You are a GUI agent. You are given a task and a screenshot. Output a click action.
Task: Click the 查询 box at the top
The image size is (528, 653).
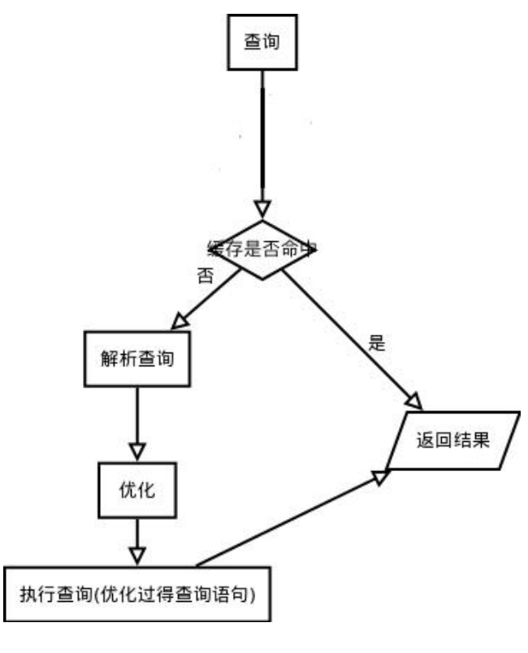pos(262,43)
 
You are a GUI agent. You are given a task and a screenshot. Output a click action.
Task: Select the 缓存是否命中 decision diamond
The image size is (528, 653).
pos(260,250)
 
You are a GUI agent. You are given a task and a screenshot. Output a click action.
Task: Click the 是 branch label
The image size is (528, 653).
pos(376,342)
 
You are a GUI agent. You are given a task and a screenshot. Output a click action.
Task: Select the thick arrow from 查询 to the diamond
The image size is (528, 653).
pos(261,138)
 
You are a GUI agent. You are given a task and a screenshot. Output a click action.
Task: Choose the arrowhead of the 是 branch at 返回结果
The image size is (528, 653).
pos(413,400)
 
